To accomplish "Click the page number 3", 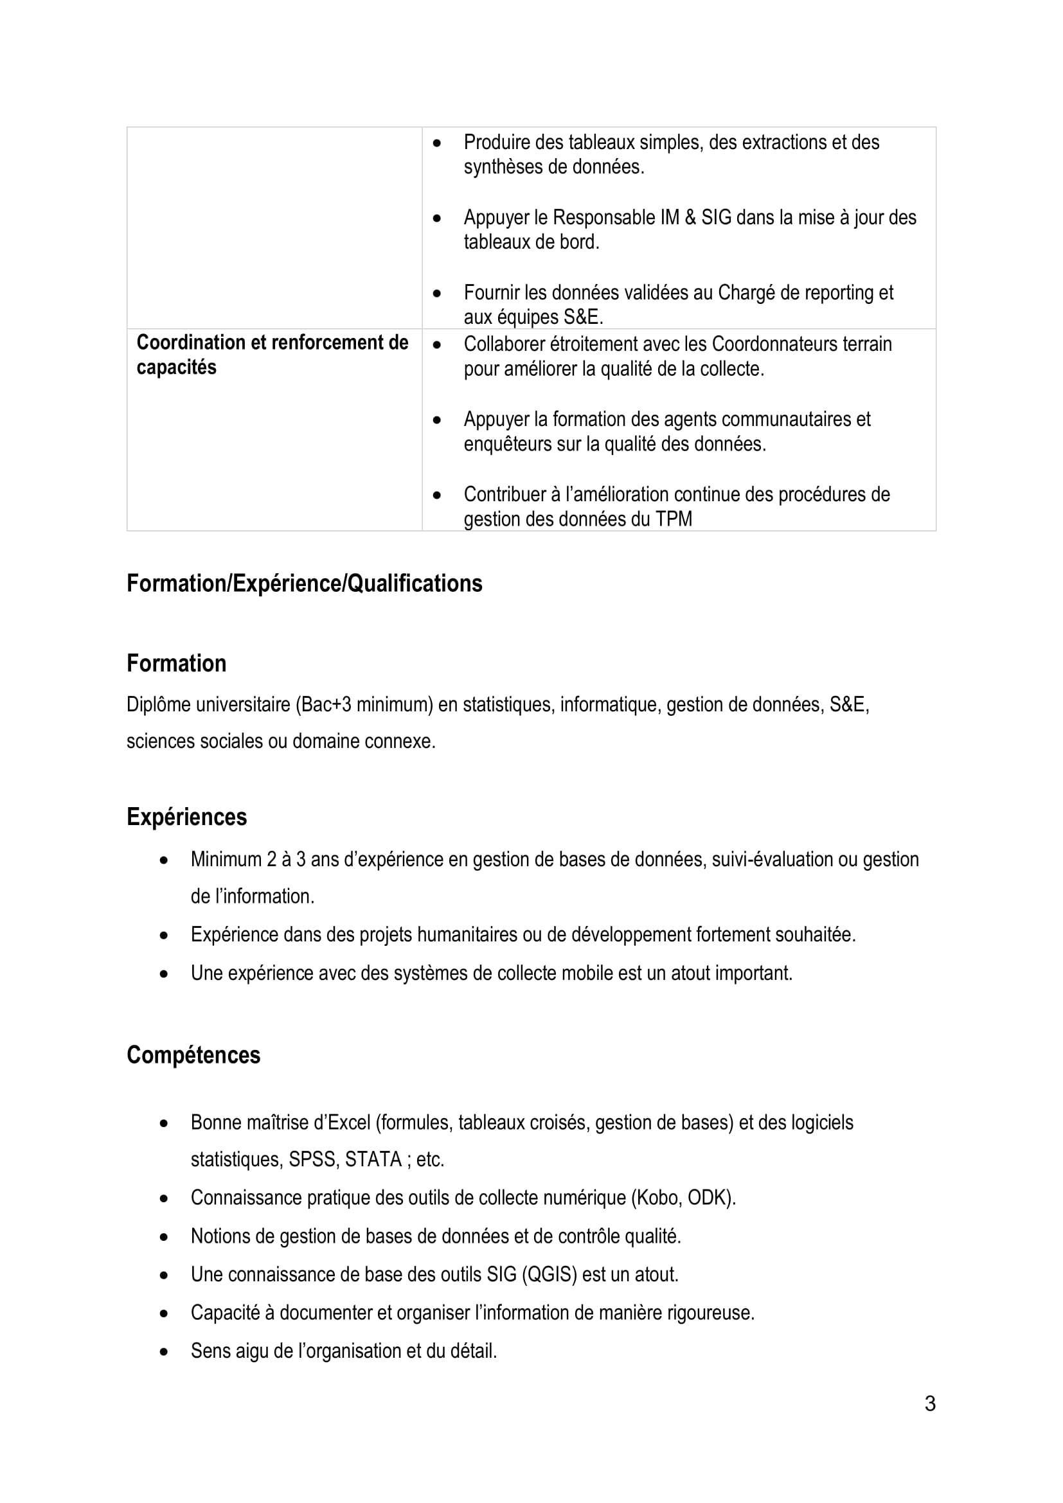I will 929,1403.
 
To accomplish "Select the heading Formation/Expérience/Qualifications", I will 305,583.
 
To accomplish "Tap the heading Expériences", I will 186,817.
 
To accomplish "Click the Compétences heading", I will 193,1054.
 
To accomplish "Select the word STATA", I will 373,1159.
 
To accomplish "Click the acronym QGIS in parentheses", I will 549,1274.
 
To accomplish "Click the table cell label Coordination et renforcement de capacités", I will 272,354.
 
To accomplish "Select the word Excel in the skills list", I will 349,1122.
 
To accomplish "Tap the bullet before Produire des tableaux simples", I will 437,143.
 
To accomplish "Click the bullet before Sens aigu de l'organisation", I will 164,1351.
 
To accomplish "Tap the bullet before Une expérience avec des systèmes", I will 164,974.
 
